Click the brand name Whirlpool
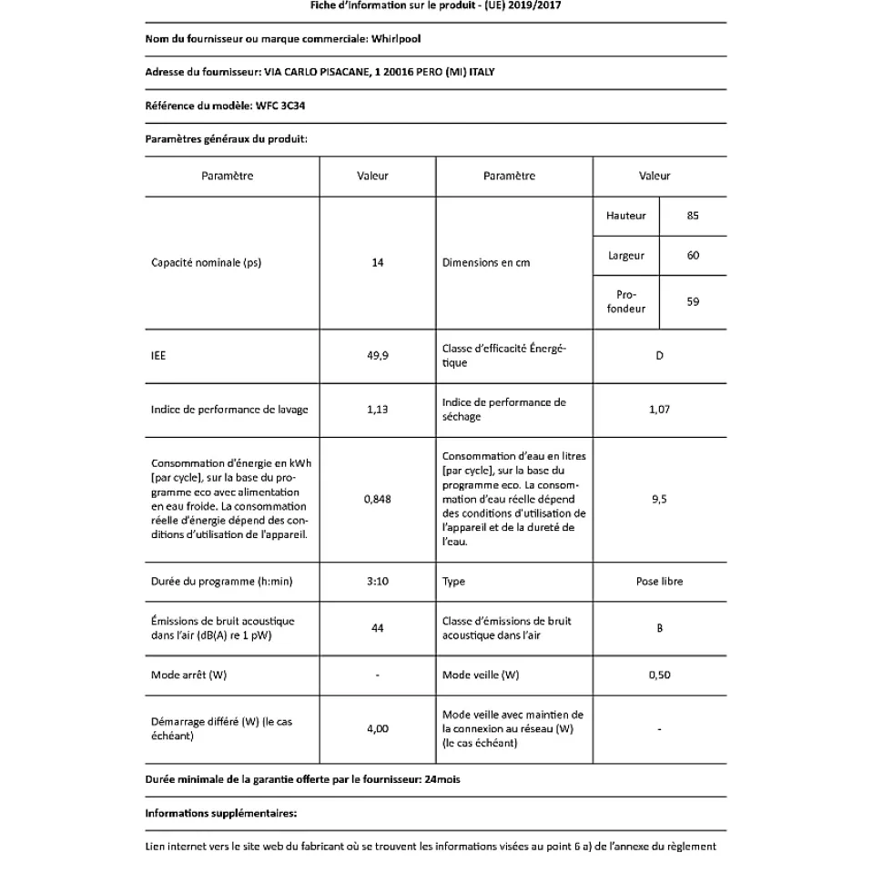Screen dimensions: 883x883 [x=396, y=39]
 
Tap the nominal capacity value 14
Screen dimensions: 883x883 [x=378, y=263]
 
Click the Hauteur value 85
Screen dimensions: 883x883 [x=693, y=216]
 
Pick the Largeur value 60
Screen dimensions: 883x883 [x=693, y=256]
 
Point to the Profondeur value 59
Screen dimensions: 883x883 [x=693, y=301]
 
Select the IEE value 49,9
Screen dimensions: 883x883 [x=378, y=356]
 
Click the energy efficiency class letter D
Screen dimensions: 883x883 [x=659, y=356]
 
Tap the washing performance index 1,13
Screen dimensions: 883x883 [x=378, y=410]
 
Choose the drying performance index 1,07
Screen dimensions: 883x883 [x=659, y=410]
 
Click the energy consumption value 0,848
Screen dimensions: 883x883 [x=378, y=499]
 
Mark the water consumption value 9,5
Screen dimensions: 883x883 [x=659, y=499]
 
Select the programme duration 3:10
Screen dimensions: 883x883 [x=378, y=581]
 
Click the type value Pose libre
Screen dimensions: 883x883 [x=659, y=581]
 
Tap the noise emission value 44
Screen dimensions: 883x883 [x=378, y=628]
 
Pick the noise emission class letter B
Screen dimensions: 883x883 [x=659, y=628]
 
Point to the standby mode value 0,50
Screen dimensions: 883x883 [x=659, y=675]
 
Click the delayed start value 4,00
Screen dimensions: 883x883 [x=378, y=728]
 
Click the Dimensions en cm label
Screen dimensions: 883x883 [x=486, y=263]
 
